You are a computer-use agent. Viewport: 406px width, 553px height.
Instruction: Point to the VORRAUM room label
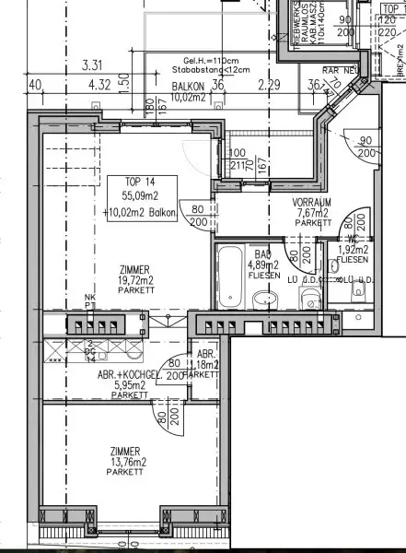tap(285, 201)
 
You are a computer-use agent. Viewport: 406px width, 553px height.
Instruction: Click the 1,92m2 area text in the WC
tap(354, 249)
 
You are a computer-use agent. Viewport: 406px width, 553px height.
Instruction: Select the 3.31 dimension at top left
tap(90, 65)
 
